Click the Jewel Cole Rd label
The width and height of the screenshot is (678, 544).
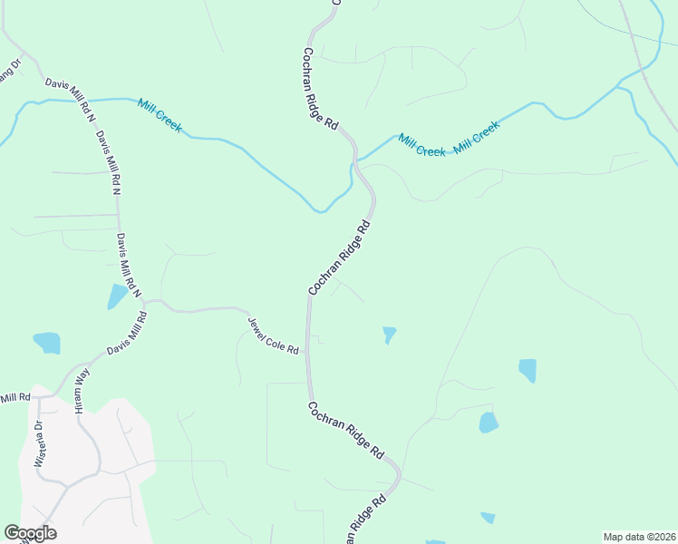point(275,335)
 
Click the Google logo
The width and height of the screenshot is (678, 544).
point(30,533)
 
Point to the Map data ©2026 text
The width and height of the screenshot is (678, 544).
point(638,537)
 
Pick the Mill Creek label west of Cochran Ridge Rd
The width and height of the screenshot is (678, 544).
point(160,116)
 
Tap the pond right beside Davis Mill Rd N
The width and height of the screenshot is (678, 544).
point(117,296)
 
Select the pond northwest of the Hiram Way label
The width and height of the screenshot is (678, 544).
point(47,343)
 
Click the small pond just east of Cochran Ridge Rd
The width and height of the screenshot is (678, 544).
point(389,335)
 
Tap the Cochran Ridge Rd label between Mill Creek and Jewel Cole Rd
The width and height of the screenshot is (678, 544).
point(341,257)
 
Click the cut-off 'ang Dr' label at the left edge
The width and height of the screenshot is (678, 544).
point(9,71)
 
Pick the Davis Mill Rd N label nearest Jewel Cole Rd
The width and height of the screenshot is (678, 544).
point(129,265)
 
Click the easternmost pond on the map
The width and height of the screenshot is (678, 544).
point(527,370)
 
